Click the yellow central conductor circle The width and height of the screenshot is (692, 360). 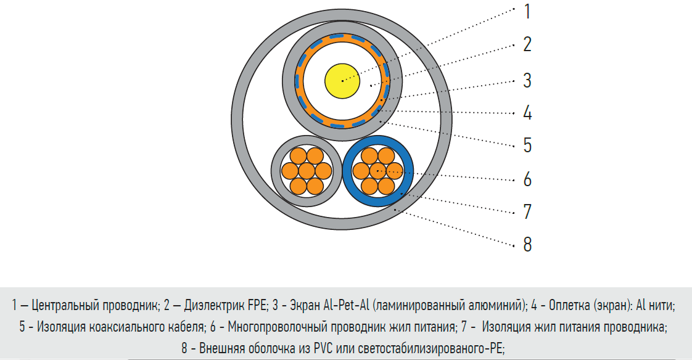click(x=342, y=81)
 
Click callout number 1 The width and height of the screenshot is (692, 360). click(x=527, y=12)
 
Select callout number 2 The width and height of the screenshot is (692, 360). click(x=527, y=44)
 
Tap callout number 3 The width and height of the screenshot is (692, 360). click(x=527, y=81)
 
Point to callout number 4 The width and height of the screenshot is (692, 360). click(x=527, y=113)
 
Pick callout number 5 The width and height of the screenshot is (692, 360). click(x=527, y=145)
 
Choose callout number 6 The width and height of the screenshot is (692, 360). click(x=527, y=179)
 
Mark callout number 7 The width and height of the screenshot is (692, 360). click(x=527, y=212)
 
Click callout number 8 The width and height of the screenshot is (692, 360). click(x=527, y=244)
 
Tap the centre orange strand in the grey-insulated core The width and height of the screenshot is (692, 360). click(x=307, y=171)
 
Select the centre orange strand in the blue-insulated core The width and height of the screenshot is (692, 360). click(x=378, y=171)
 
